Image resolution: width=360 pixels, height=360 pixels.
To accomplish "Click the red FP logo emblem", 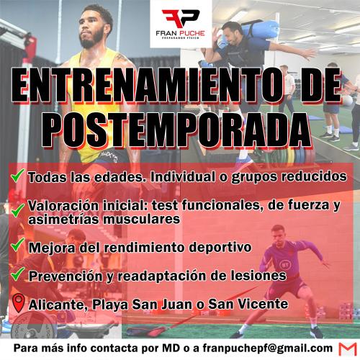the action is [x=181, y=19].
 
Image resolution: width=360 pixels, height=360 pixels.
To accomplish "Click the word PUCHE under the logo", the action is [x=192, y=33].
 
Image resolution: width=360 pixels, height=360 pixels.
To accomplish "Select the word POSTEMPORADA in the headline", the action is [x=176, y=130].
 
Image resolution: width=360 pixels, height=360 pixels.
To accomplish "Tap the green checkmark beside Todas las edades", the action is [x=18, y=175].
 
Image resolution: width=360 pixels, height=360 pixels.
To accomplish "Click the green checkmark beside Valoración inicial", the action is [x=18, y=210].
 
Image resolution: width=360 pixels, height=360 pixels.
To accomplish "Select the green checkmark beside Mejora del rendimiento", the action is [x=18, y=244].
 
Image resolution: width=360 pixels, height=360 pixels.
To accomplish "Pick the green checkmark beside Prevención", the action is [x=18, y=274].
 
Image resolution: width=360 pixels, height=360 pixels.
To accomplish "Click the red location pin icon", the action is [x=19, y=303].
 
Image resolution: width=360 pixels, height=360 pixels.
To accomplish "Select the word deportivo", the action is [x=220, y=247].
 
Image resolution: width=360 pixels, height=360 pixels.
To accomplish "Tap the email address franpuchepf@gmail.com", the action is [x=268, y=348].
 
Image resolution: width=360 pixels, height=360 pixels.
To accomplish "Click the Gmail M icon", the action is [x=348, y=349].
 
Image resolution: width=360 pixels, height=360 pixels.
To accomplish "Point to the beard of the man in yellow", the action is [x=92, y=40].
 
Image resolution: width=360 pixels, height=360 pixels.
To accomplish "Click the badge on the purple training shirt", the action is [x=285, y=265].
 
